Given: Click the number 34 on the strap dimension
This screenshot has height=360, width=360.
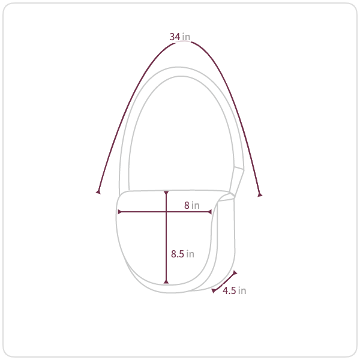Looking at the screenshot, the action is (175, 37).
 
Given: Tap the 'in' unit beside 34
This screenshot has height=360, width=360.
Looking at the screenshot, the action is (186, 37).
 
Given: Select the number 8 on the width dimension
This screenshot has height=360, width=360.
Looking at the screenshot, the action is (187, 205).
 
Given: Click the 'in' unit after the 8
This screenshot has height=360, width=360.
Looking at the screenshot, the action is (196, 205).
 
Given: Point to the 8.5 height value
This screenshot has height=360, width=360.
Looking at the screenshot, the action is (178, 254).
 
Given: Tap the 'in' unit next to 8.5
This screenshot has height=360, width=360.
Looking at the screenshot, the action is (190, 254).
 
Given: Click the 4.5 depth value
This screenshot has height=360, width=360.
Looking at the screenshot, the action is (229, 290).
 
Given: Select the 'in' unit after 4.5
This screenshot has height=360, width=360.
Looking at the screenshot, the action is (242, 290).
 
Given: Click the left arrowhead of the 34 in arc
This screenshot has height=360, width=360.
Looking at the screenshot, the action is (98, 192).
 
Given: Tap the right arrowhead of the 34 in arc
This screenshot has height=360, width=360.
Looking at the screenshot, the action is (260, 194).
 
